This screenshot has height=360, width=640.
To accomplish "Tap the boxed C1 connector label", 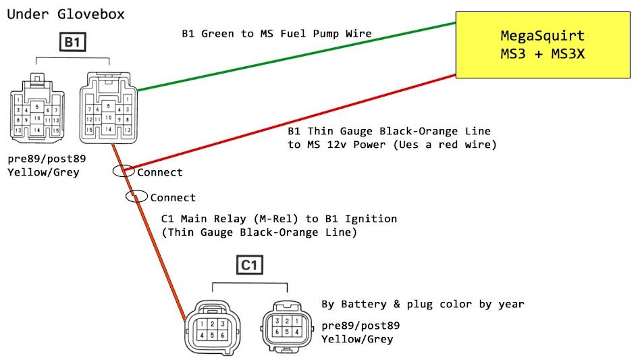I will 250,265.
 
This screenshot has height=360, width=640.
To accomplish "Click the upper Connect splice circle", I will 123,172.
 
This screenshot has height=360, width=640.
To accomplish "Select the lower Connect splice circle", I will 136,197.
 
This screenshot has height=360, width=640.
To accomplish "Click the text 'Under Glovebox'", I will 65,14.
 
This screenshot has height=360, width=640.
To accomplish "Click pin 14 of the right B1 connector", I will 108,129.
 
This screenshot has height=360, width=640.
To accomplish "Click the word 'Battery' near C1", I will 362,304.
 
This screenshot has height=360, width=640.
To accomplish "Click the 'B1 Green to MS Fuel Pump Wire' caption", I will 277,34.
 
